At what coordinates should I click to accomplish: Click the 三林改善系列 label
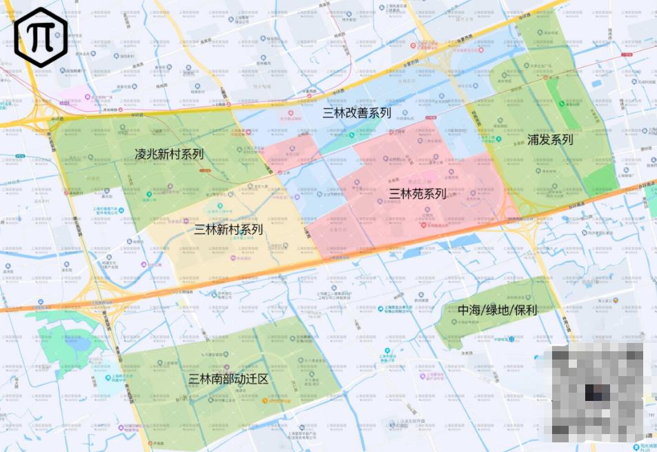(357, 113)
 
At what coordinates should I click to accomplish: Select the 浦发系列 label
(550, 139)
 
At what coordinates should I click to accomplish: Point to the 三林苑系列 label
(418, 194)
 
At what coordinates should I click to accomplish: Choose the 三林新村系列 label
(228, 229)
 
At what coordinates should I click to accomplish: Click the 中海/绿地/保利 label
(497, 310)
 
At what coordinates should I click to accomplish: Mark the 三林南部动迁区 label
(228, 379)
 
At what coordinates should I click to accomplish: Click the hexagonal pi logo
(40, 36)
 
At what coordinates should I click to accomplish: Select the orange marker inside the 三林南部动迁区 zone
(264, 400)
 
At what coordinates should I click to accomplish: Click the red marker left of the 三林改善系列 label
(293, 112)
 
